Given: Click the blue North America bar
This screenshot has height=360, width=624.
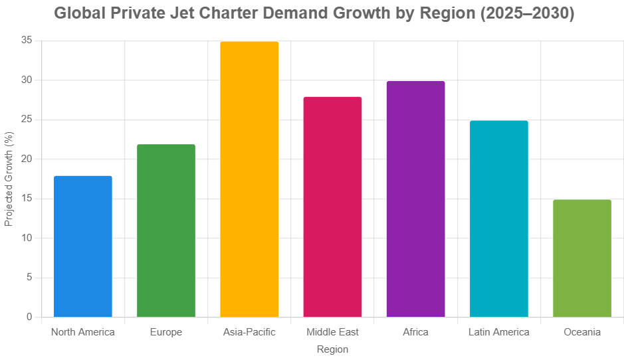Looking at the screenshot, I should click(83, 246).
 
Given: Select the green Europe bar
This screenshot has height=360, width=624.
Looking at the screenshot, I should click(166, 230).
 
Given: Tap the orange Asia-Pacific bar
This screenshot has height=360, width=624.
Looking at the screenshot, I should click(249, 179).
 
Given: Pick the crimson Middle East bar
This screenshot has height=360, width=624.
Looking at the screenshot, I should click(332, 207).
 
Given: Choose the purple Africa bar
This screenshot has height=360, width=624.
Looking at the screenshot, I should click(415, 199).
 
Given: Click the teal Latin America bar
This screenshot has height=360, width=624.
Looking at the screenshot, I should click(498, 219).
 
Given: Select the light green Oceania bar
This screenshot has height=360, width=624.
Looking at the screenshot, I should click(582, 258).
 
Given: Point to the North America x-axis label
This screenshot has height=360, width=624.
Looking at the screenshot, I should click(83, 332).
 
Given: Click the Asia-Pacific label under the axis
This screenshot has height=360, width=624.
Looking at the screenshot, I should click(249, 332).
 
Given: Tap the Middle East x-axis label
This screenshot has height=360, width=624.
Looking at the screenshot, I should click(332, 332).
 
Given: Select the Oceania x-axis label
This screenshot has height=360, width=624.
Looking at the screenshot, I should click(582, 332).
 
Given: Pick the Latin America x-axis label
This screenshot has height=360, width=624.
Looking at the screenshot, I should click(498, 332).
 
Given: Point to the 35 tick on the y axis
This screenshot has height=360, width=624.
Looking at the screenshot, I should click(27, 41).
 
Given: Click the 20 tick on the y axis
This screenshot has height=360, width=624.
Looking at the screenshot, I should click(27, 159).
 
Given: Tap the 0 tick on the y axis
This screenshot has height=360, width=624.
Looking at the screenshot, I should click(29, 317).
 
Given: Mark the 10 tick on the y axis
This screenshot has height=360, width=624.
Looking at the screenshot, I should click(27, 238).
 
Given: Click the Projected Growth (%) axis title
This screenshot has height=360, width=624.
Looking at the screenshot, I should click(9, 179).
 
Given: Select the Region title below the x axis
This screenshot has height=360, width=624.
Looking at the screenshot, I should click(332, 349).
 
